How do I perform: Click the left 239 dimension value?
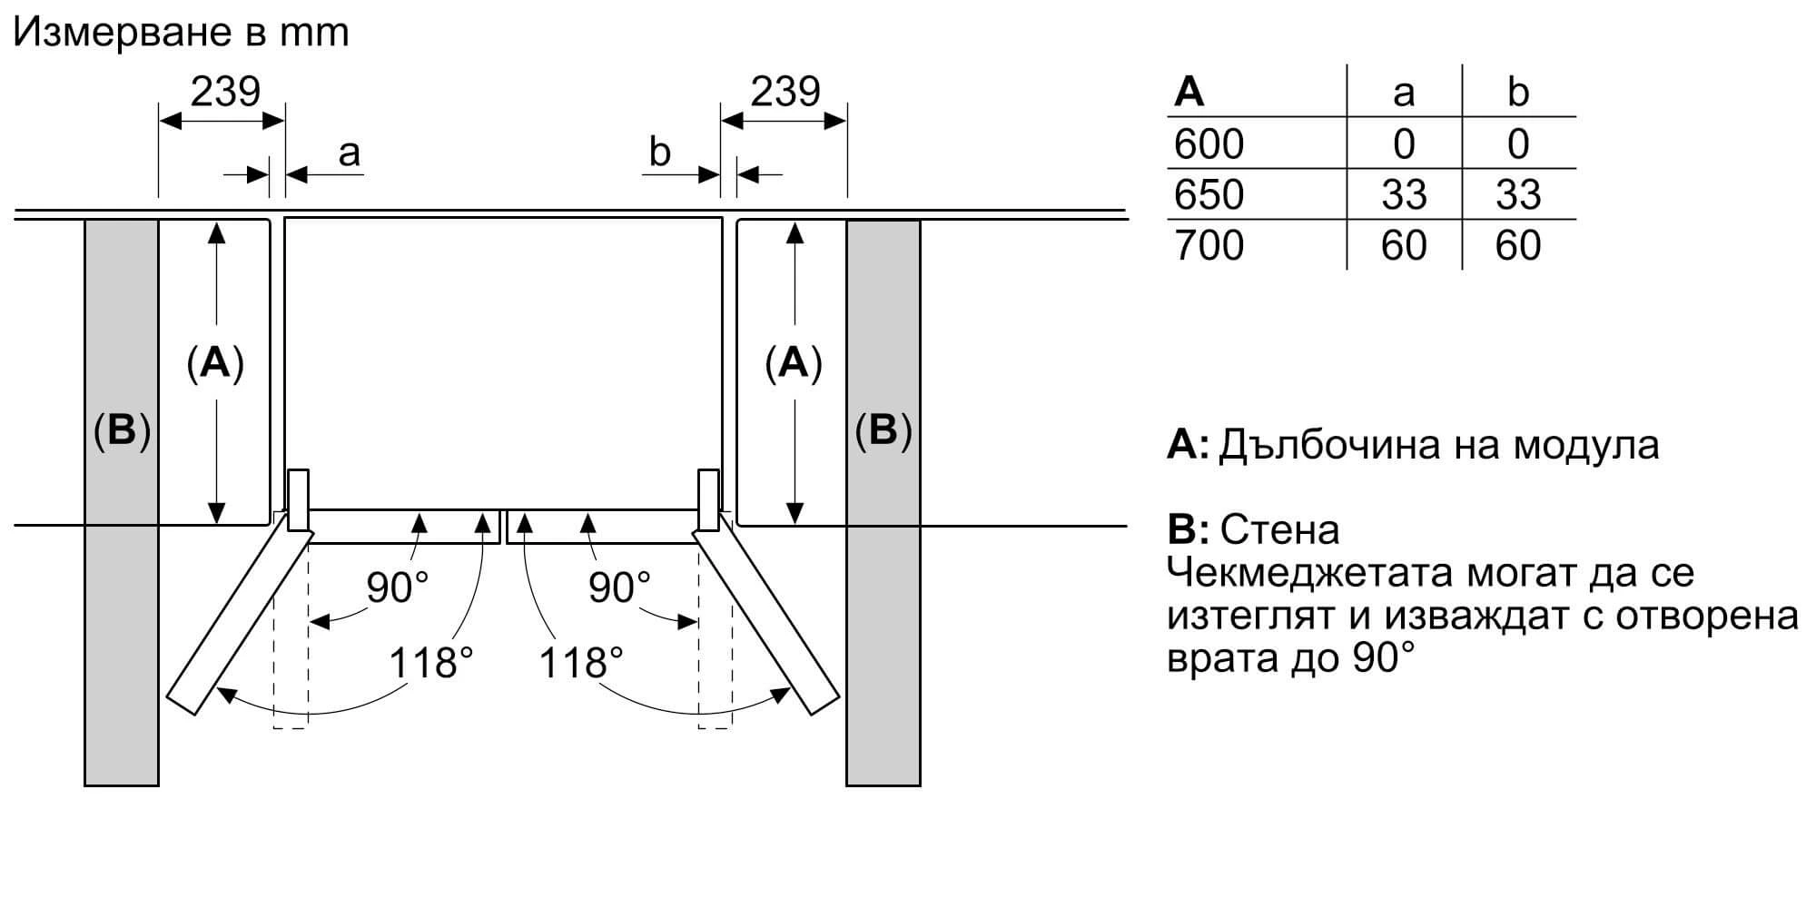point(225,91)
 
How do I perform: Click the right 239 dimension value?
point(785,91)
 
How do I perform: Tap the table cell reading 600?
point(1209,144)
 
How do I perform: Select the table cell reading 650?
point(1209,194)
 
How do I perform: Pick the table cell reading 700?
point(1209,246)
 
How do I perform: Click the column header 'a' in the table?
point(1404,93)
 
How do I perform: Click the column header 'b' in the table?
point(1518,93)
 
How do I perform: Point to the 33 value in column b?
point(1518,194)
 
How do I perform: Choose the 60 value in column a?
point(1404,246)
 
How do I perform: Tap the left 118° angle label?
point(431,664)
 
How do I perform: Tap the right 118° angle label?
point(581,664)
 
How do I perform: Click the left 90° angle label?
point(397,588)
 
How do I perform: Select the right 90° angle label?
point(619,588)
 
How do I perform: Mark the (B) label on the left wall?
point(122,430)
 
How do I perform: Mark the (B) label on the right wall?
point(883,430)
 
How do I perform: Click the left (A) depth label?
point(215,363)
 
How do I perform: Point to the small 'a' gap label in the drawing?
point(349,153)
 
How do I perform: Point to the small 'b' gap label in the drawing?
point(660,152)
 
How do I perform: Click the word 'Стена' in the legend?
point(1280,529)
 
